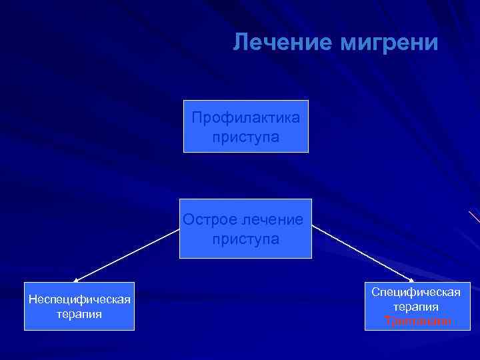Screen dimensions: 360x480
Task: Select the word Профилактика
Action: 246,118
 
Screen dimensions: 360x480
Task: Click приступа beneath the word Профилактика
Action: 246,137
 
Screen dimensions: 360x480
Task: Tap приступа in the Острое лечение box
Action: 246,239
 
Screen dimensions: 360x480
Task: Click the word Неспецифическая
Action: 79,299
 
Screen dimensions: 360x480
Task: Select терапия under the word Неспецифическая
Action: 79,313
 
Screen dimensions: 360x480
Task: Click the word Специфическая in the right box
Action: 416,293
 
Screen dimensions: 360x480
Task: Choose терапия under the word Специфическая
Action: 416,307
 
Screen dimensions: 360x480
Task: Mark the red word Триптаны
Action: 416,321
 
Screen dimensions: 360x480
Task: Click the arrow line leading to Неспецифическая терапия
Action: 127,254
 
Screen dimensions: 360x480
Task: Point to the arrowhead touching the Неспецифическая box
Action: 75,281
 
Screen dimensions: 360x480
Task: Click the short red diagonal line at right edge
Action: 474,217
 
